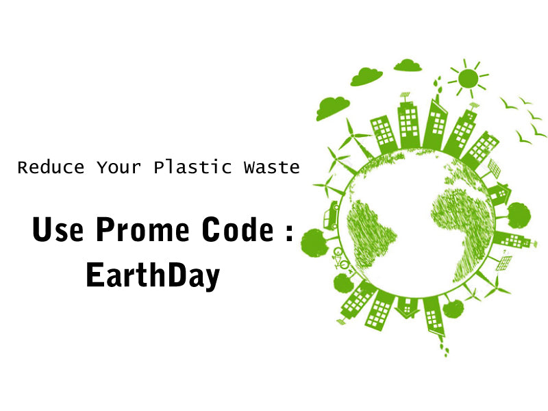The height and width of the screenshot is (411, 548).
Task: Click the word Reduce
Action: coord(51,167)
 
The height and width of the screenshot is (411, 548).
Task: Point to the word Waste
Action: coord(271,167)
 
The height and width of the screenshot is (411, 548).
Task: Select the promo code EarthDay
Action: coord(153,275)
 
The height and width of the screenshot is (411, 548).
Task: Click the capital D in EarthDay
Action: coord(171,274)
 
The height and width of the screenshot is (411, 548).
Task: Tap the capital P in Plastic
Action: coord(158,167)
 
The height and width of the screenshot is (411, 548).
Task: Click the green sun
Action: coord(468,77)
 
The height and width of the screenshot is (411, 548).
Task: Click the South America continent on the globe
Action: coord(371,225)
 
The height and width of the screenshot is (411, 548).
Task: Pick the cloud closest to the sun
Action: coord(408,65)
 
